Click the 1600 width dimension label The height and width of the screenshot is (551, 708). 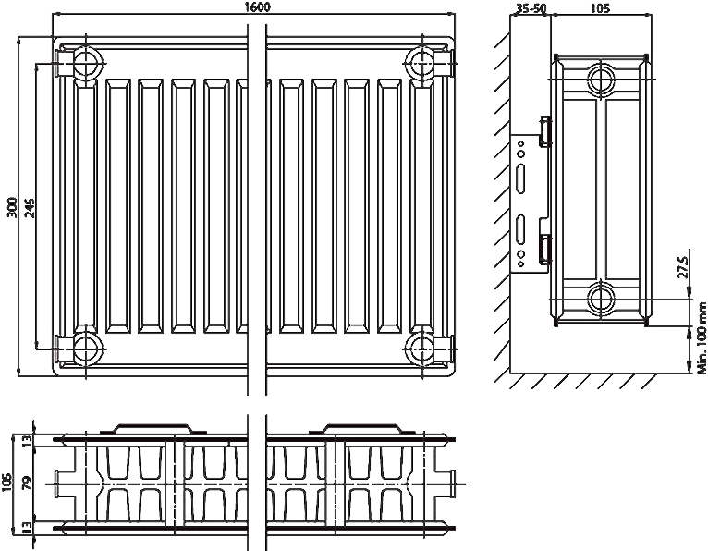point(257,7)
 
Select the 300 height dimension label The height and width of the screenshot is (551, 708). point(13,207)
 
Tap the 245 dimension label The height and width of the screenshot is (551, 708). point(30,207)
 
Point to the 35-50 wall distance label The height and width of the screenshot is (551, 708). point(531,8)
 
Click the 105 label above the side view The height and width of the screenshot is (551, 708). point(600,8)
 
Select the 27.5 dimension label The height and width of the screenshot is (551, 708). point(683,267)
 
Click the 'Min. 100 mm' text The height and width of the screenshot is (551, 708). point(702,337)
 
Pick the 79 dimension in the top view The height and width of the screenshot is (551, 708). point(28,483)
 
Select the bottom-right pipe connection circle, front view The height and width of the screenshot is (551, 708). point(421,349)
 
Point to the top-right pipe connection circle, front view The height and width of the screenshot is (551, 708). point(421,61)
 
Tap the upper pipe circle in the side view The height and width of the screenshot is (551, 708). point(601,79)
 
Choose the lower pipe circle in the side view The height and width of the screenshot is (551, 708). point(601,298)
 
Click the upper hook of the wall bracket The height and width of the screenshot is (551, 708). point(545,132)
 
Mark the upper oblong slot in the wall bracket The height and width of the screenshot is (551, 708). point(521,178)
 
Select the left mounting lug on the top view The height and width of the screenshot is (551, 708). point(153,429)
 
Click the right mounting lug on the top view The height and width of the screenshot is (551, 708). point(362,429)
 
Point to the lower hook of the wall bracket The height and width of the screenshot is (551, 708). point(545,249)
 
